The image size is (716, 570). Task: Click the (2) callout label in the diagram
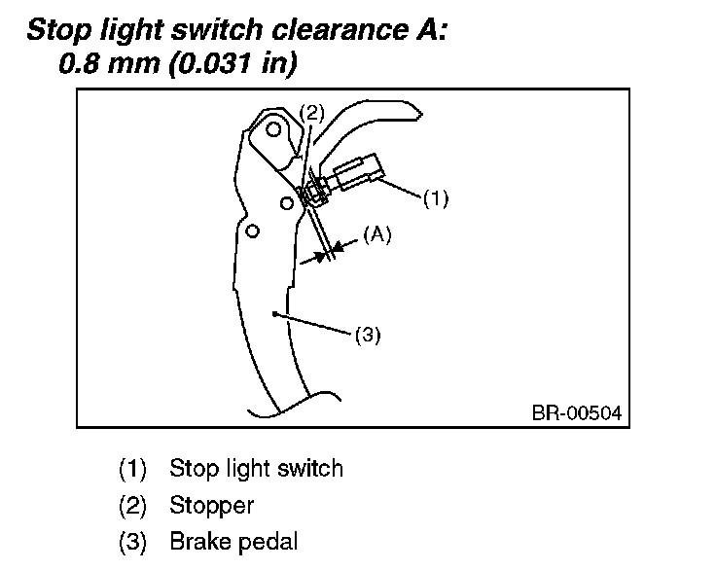click(311, 112)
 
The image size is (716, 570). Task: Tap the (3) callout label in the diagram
click(367, 336)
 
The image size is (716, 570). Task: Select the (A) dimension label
click(376, 234)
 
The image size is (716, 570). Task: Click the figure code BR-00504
click(575, 413)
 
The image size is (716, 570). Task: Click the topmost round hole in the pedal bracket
click(274, 129)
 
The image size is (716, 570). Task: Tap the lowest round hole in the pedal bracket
click(252, 231)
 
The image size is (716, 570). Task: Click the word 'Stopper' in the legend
click(211, 505)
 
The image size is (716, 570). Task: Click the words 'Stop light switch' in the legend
click(256, 469)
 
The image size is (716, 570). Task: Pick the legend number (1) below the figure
click(131, 469)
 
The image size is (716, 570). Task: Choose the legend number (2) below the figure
click(131, 505)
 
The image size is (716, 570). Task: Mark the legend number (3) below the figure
click(131, 541)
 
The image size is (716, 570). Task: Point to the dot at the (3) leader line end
click(276, 313)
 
